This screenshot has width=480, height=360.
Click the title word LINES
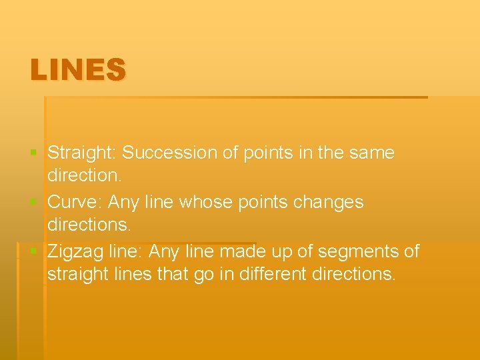coord(77,70)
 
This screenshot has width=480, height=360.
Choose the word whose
coord(225,202)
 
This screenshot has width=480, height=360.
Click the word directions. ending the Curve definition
coord(89,225)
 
